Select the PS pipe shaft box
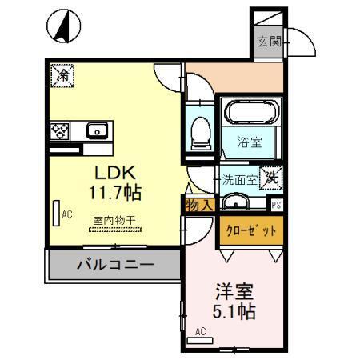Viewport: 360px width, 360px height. point(277,204)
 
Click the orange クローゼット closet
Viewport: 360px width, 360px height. point(249,230)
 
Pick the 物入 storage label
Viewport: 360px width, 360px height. point(199,206)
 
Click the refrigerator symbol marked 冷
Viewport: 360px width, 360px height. point(62,76)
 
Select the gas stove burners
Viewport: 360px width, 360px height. point(59,130)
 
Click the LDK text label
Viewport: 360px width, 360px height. point(118,173)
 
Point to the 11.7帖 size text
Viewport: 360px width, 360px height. point(118,193)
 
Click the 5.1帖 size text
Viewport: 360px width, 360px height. point(234,311)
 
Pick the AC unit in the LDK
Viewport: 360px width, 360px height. point(55,213)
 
